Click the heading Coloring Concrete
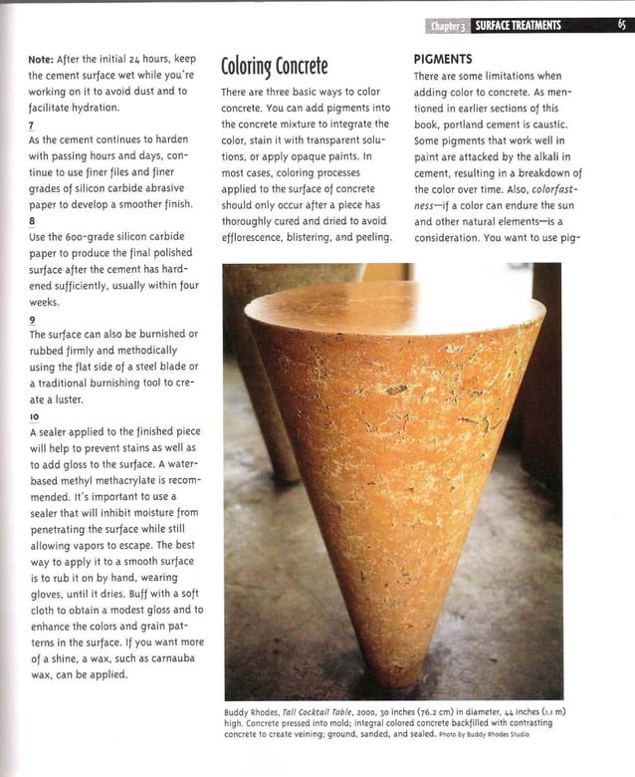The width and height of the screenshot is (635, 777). (x=273, y=68)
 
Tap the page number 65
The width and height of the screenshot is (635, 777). (x=620, y=26)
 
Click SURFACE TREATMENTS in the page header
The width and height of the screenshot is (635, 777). (x=518, y=26)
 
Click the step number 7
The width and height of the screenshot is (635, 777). (x=32, y=125)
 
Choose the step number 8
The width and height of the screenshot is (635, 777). (x=33, y=221)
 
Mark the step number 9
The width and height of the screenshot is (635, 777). (x=33, y=318)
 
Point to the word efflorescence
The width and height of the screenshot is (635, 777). (x=254, y=237)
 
